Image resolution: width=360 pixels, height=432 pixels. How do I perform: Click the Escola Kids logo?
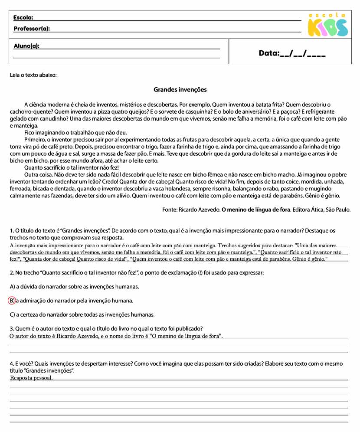(327, 25)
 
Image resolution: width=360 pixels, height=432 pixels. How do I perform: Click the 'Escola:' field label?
(23, 18)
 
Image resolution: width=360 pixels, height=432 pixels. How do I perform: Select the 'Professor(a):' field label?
(32, 29)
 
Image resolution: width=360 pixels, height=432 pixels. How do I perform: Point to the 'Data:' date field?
(292, 53)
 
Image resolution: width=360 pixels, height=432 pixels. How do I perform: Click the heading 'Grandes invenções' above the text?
(180, 90)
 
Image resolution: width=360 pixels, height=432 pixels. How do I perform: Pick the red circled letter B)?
(12, 301)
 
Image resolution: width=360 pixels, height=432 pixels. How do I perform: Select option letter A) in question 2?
(12, 287)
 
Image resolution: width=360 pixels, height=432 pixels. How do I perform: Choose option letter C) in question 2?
(12, 314)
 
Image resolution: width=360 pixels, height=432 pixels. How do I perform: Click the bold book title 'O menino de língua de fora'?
(256, 209)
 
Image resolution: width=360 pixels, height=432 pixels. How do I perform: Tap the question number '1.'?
(12, 231)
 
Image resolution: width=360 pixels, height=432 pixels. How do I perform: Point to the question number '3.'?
(12, 328)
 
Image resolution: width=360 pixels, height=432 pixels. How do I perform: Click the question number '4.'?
(12, 363)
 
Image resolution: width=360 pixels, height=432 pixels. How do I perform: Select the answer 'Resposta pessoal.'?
(31, 378)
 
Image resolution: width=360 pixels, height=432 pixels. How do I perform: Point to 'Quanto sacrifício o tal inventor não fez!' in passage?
(72, 167)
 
